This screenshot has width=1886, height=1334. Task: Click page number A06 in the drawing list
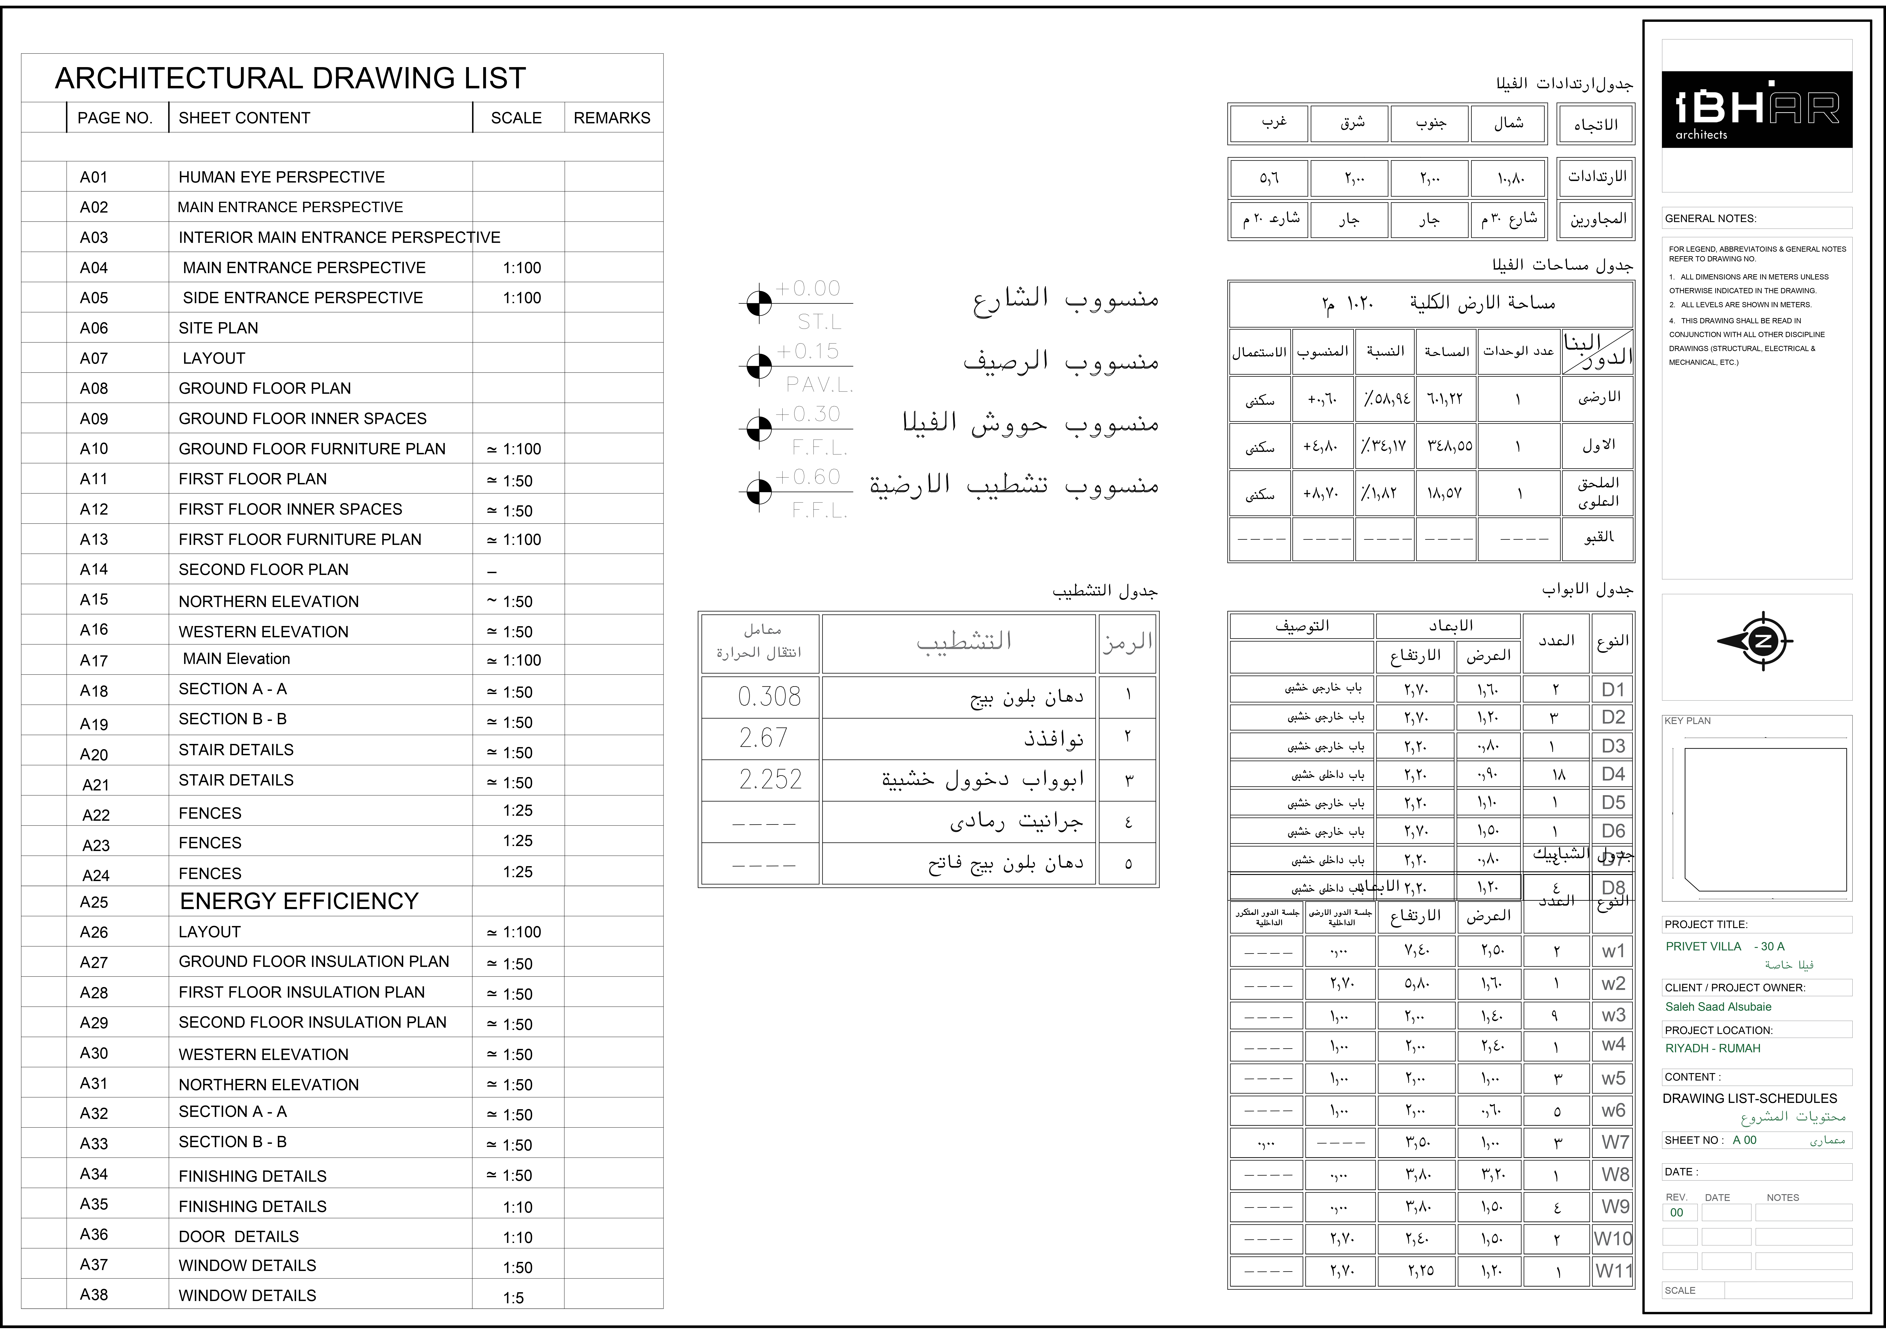pos(94,328)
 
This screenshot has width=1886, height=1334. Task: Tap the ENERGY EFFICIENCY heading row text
pos(299,901)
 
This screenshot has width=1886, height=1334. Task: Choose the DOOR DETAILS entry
pos(238,1236)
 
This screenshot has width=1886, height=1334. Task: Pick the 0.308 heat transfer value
pos(769,696)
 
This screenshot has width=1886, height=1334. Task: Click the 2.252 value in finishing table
pos(770,779)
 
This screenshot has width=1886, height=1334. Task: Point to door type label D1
pos(1612,690)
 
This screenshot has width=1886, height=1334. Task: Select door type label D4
pos(1612,774)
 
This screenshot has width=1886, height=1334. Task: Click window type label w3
pos(1612,1015)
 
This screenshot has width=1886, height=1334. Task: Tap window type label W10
pos(1612,1239)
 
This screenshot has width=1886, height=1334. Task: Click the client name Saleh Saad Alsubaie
pos(1718,1006)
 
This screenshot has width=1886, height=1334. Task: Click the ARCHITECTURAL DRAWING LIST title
pos(290,78)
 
